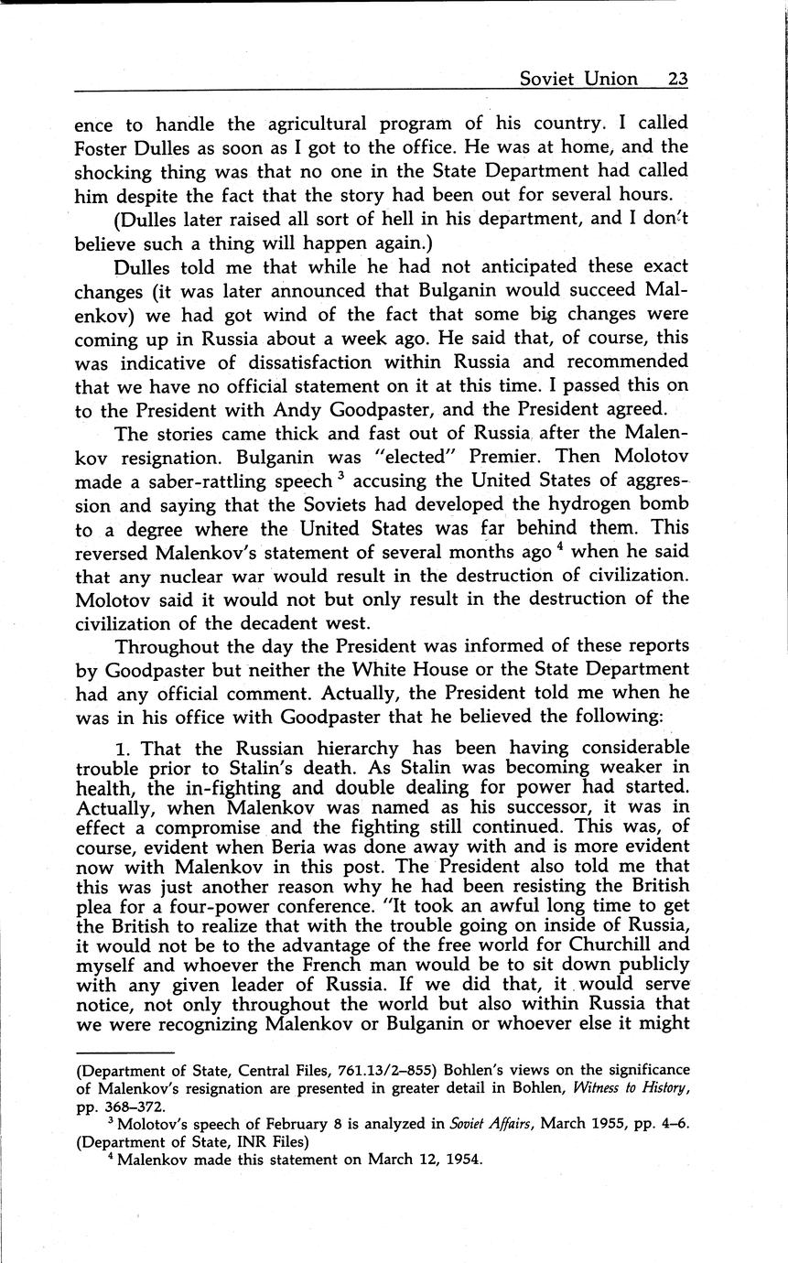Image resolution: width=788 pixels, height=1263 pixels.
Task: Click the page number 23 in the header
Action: pyautogui.click(x=677, y=79)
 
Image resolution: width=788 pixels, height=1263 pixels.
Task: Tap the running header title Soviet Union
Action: pyautogui.click(x=578, y=79)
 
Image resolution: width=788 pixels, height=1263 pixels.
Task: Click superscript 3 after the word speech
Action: pyautogui.click(x=339, y=476)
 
